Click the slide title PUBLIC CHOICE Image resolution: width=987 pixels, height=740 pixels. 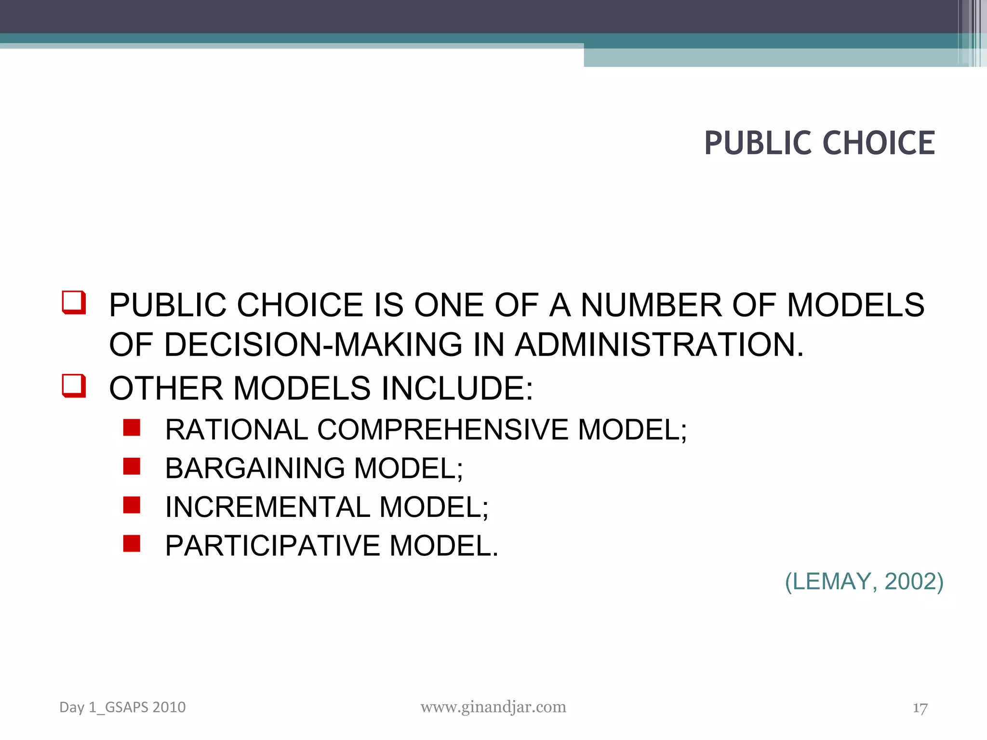point(819,143)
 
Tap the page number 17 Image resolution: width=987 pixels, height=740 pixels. point(920,708)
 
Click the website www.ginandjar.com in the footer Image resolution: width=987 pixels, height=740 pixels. point(493,707)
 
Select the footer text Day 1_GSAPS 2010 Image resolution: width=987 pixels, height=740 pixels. point(122,707)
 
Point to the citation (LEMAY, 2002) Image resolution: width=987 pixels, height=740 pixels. point(864,581)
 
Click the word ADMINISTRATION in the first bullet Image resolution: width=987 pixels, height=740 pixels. point(659,344)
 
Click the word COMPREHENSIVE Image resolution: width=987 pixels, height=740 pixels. point(443,429)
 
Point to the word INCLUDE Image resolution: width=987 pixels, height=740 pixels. point(458,388)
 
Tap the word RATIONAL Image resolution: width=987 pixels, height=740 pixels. point(237,429)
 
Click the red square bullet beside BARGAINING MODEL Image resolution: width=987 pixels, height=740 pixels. point(132,466)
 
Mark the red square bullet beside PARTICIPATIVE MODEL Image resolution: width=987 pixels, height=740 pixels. point(132,543)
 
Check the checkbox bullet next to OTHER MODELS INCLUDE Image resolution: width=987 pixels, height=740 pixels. point(74,386)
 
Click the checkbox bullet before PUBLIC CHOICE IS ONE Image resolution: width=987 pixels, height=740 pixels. point(74,303)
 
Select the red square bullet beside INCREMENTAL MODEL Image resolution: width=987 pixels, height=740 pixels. point(132,505)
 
